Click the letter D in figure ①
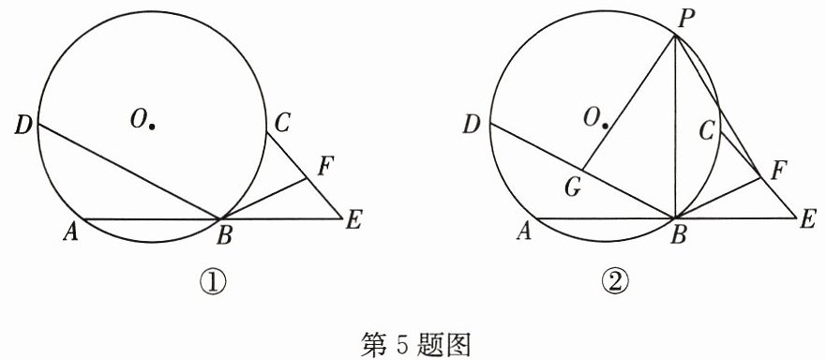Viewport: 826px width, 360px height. (x=23, y=127)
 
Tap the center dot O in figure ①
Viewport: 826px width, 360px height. (x=152, y=127)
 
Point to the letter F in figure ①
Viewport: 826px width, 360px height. (x=326, y=167)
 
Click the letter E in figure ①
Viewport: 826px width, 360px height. (x=353, y=219)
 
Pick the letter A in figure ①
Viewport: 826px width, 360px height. (x=71, y=232)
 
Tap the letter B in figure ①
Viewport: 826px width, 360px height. (x=224, y=237)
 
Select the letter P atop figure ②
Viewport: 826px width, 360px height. (x=686, y=20)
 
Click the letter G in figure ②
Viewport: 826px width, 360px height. (x=573, y=188)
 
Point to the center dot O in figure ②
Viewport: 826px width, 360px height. (x=607, y=127)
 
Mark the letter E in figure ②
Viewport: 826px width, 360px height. (x=807, y=218)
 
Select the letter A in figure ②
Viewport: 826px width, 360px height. (x=524, y=232)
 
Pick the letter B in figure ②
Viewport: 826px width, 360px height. (x=678, y=236)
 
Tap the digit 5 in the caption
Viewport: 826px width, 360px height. (x=399, y=346)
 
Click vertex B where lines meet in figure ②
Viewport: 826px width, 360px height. (x=675, y=217)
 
